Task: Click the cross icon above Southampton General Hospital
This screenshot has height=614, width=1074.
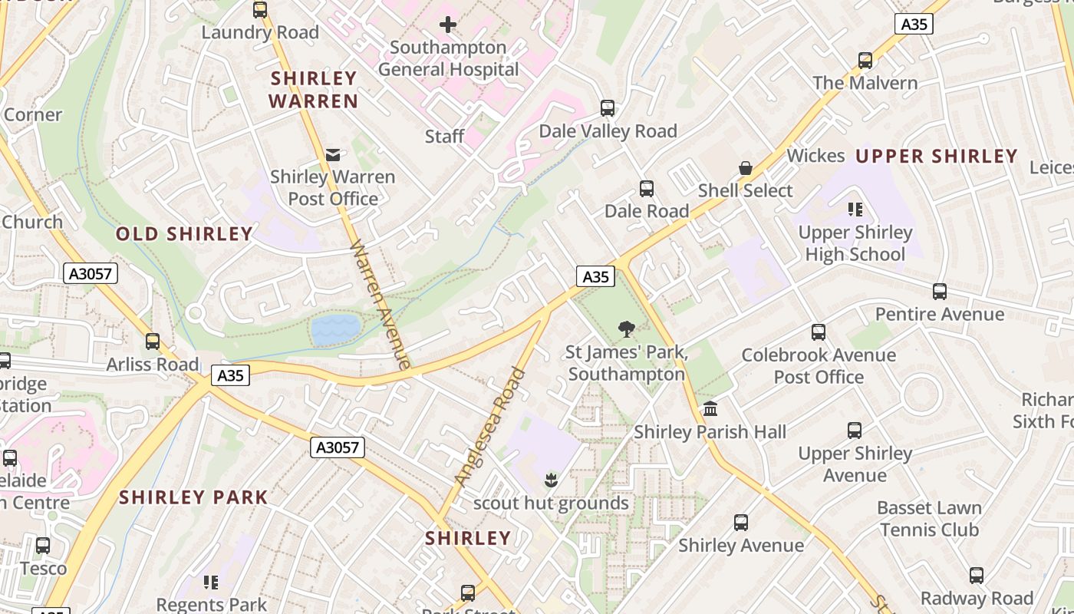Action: click(x=448, y=25)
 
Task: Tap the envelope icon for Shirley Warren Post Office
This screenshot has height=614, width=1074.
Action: click(x=333, y=155)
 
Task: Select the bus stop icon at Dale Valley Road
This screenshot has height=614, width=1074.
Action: click(x=608, y=108)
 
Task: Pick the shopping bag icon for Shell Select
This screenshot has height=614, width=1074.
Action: click(x=745, y=168)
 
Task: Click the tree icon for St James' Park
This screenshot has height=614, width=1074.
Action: click(x=627, y=329)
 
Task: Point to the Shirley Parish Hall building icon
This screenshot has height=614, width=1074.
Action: click(x=710, y=409)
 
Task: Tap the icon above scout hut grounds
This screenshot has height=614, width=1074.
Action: click(x=550, y=481)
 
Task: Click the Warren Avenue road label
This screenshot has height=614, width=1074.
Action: click(x=381, y=304)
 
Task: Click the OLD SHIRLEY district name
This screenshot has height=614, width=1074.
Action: click(x=184, y=234)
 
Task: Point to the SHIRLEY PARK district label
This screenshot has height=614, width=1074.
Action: click(x=193, y=497)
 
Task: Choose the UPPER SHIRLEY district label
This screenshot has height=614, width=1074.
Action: click(x=936, y=157)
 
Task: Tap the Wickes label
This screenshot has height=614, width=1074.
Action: click(x=815, y=156)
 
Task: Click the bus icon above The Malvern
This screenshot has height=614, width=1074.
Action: click(x=865, y=61)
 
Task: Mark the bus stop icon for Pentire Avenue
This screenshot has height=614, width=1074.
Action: click(x=940, y=292)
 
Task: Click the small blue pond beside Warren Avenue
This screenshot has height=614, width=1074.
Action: click(x=335, y=329)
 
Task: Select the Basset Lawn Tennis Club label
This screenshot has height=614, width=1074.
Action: click(x=929, y=519)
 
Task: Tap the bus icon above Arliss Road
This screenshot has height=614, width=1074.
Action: click(x=153, y=342)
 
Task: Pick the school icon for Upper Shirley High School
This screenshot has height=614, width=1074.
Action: click(x=855, y=210)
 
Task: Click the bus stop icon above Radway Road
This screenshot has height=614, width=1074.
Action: click(x=977, y=576)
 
